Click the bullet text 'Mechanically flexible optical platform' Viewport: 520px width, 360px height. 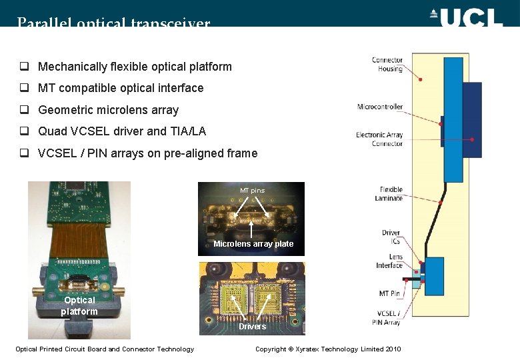coord(135,67)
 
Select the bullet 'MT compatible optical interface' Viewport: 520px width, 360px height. coord(121,88)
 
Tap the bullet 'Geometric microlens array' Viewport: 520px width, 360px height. coord(108,110)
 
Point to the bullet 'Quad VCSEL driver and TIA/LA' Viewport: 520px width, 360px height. coord(122,131)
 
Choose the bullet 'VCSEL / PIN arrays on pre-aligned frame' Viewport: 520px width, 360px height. coord(147,153)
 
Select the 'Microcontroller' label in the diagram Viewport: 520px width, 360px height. coord(380,107)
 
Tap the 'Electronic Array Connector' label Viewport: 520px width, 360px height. coord(379,139)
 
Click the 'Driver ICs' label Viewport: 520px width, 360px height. coord(391,237)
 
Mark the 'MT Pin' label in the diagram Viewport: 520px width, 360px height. coord(389,293)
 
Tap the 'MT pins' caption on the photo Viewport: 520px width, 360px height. coord(252,191)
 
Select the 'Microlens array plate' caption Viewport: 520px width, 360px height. coord(253,244)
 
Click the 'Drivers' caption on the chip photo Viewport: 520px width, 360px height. coord(253,326)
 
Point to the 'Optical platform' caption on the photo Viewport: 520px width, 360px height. coord(79,305)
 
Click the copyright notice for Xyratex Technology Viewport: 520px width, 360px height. coord(328,349)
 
